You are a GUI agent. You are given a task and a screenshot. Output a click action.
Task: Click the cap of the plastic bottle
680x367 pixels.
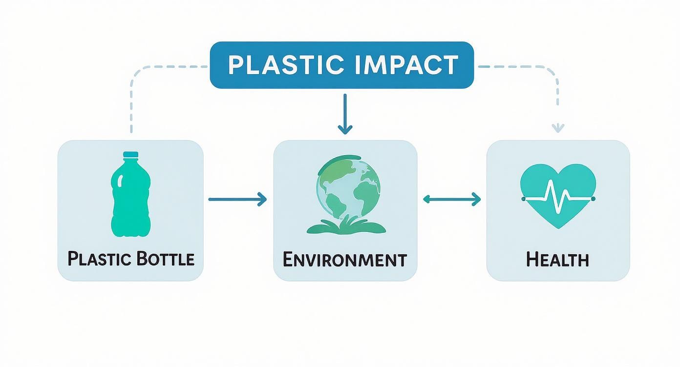coord(130,155)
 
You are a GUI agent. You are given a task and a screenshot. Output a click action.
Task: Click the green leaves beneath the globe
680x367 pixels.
coord(345,225)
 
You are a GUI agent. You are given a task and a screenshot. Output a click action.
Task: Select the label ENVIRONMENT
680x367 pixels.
coord(345,259)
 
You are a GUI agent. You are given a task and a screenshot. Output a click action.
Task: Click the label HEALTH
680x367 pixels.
coord(557,259)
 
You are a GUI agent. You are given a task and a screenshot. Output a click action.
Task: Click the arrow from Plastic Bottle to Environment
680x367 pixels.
coord(237,199)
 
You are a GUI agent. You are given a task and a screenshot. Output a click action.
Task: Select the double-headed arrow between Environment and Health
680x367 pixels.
coord(451,199)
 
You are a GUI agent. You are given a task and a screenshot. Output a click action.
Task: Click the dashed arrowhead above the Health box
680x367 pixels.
coord(557,128)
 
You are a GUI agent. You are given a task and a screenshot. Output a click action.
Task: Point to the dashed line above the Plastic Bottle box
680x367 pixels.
coord(131,102)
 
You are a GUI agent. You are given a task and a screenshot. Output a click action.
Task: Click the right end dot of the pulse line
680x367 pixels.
coord(593,199)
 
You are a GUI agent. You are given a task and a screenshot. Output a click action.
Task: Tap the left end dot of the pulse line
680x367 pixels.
coord(523,199)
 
